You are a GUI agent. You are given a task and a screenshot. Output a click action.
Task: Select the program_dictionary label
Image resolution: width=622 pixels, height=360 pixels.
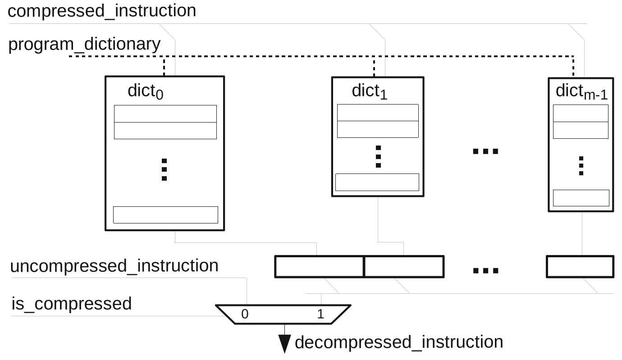(84, 45)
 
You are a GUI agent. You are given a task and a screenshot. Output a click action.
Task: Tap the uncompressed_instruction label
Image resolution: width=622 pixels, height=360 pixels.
(114, 266)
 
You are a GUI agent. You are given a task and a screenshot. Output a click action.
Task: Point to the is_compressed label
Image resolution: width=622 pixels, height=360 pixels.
(71, 304)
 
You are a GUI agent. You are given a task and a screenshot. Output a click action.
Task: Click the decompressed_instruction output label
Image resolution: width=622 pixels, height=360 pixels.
(399, 342)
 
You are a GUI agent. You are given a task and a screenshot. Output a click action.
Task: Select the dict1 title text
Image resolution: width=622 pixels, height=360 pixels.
(370, 91)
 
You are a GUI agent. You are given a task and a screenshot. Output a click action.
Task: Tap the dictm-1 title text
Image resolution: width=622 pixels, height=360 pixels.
(581, 91)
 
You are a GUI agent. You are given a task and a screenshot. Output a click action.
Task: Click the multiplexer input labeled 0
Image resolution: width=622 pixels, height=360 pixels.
(245, 314)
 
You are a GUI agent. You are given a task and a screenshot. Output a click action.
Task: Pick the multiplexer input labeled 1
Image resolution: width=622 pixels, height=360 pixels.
(320, 314)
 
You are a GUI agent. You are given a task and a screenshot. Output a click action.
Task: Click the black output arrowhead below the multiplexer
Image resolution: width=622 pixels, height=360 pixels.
(284, 345)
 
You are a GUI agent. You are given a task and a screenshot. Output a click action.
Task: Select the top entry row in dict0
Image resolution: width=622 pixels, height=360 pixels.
(165, 114)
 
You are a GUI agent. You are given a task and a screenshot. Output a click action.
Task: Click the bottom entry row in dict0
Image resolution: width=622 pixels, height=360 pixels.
(165, 215)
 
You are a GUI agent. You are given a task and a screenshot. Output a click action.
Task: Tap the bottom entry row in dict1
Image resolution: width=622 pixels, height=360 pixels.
(377, 182)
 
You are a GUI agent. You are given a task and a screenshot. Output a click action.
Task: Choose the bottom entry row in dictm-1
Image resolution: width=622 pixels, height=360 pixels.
(581, 198)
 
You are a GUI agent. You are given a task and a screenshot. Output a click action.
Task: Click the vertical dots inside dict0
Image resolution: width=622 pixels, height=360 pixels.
(164, 170)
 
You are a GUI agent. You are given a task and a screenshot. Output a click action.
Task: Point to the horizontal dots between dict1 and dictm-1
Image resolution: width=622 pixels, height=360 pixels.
(485, 151)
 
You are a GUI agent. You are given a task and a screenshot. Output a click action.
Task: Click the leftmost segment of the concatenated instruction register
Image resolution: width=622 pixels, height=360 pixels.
(319, 267)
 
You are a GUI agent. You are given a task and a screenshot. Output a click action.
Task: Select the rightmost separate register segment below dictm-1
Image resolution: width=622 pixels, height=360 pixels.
(580, 267)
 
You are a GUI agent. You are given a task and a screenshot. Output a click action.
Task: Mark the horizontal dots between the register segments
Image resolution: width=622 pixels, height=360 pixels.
(485, 271)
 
